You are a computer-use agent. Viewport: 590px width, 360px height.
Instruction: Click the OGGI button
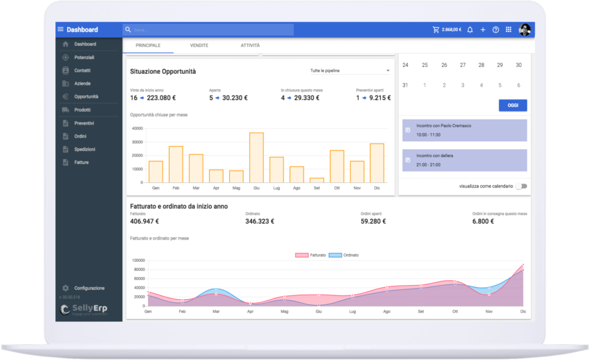pyautogui.click(x=513, y=106)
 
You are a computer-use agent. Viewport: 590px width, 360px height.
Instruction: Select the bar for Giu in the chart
pyautogui.click(x=256, y=157)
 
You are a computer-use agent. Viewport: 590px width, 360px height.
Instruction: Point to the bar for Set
pyautogui.click(x=317, y=180)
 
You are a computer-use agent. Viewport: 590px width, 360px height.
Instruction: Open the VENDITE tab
pyautogui.click(x=199, y=46)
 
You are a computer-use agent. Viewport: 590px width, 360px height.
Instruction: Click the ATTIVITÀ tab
pyautogui.click(x=250, y=46)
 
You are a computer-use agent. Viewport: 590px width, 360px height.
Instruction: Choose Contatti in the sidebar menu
pyautogui.click(x=82, y=71)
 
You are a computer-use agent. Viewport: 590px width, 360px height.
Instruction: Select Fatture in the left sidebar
pyautogui.click(x=81, y=162)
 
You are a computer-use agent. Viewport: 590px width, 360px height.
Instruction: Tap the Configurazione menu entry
pyautogui.click(x=89, y=288)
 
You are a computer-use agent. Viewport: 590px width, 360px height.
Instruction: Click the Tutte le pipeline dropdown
pyautogui.click(x=350, y=71)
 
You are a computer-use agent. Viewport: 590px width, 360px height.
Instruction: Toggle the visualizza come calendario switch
pyautogui.click(x=521, y=186)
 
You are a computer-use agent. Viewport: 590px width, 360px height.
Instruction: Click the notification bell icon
pyautogui.click(x=470, y=29)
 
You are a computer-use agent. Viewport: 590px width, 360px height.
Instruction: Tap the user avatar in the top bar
pyautogui.click(x=525, y=29)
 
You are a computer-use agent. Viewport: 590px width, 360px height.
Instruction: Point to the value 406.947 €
pyautogui.click(x=144, y=221)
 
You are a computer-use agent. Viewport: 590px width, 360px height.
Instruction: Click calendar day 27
pyautogui.click(x=463, y=65)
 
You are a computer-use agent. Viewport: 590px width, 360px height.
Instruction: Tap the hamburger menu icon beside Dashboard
pyautogui.click(x=60, y=29)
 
